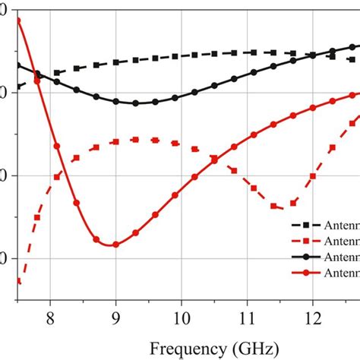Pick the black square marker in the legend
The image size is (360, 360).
pos(308,226)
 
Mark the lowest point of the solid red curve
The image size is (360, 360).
pos(115,245)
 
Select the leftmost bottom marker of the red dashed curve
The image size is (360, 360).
pos(18,282)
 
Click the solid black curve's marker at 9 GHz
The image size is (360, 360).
pos(115,101)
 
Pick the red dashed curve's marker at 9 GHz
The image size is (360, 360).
pos(115,142)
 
